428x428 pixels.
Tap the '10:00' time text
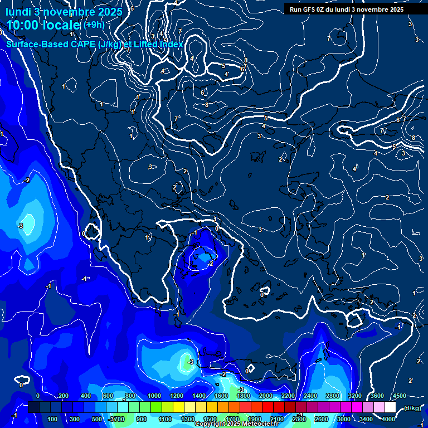click(24, 25)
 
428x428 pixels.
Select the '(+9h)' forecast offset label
click(94, 25)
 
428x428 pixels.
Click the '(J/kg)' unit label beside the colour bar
click(412, 408)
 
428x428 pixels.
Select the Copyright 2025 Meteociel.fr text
click(237, 424)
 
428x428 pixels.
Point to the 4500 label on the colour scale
click(399, 396)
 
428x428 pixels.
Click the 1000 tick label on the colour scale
click(154, 396)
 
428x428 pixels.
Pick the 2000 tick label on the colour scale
click(265, 396)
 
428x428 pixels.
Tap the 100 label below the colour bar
click(52, 419)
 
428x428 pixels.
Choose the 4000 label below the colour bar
click(388, 419)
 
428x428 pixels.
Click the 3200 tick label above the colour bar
click(354, 396)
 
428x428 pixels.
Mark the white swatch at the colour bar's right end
click(390, 408)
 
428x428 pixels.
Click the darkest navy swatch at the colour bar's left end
click(33, 408)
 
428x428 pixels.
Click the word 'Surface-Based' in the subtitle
click(36, 44)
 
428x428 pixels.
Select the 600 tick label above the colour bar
click(108, 396)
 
